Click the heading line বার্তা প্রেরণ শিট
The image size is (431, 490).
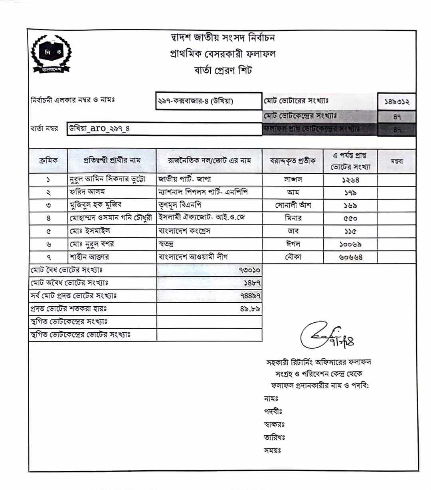223,71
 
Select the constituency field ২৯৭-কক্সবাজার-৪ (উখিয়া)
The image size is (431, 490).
196,101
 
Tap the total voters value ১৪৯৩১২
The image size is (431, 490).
397,102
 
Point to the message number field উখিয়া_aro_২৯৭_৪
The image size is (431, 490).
100,129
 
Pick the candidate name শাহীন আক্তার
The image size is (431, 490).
89,257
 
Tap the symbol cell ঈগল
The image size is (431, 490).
293,244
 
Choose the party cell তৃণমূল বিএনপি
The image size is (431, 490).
180,205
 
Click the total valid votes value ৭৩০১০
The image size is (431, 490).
250,270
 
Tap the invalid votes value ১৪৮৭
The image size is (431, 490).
252,283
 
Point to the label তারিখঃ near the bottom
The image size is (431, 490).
274,437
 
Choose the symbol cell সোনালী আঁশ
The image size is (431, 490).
293,205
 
